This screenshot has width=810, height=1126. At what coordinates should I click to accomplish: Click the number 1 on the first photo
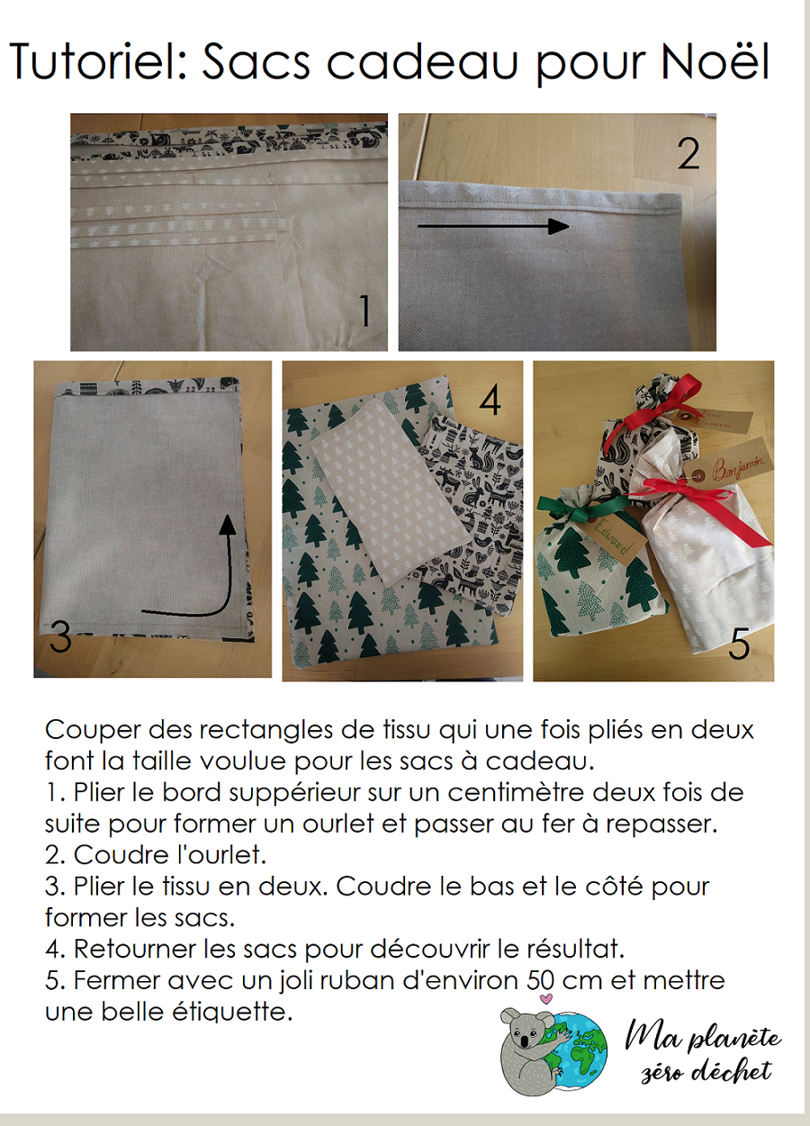tap(365, 311)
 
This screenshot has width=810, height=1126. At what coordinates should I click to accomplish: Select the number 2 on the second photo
tap(688, 153)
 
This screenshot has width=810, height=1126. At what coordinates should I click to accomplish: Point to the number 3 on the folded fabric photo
tap(60, 635)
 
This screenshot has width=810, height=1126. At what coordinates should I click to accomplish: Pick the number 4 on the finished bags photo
tap(490, 401)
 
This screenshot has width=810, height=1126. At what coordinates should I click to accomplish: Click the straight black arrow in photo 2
tap(493, 226)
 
